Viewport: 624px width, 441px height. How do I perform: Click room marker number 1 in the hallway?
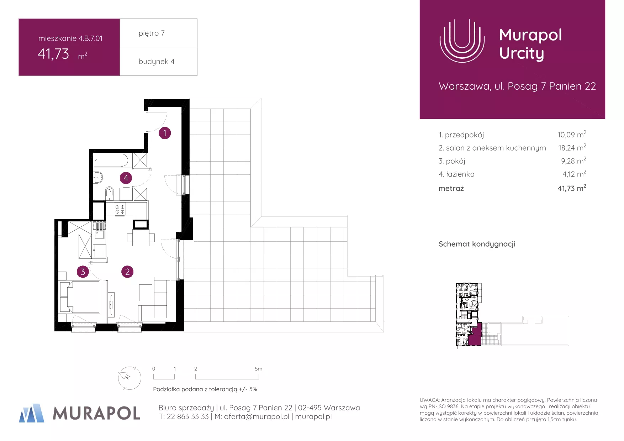(165, 133)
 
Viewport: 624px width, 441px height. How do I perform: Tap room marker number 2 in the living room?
(127, 272)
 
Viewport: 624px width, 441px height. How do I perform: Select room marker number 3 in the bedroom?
(83, 272)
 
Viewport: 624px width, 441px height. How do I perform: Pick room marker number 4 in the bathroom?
(126, 178)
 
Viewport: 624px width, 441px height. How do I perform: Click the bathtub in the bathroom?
(111, 160)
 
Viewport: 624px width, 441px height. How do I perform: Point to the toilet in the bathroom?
(109, 193)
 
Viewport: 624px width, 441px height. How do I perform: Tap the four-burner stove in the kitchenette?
(120, 209)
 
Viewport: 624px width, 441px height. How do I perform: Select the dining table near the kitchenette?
(141, 238)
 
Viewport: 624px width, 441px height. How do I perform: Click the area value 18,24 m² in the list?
(572, 147)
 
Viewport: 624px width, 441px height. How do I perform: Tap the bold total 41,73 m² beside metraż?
(572, 188)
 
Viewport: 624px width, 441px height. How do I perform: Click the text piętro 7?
(152, 33)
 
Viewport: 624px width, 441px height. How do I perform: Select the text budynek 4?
(157, 62)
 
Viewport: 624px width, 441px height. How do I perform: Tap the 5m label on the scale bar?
(259, 369)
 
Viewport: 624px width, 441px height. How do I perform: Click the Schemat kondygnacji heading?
(477, 244)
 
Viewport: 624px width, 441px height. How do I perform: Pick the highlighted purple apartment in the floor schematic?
(475, 335)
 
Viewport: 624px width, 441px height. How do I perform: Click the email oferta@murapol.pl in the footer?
(257, 417)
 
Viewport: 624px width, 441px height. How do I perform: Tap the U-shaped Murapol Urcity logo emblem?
(462, 41)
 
